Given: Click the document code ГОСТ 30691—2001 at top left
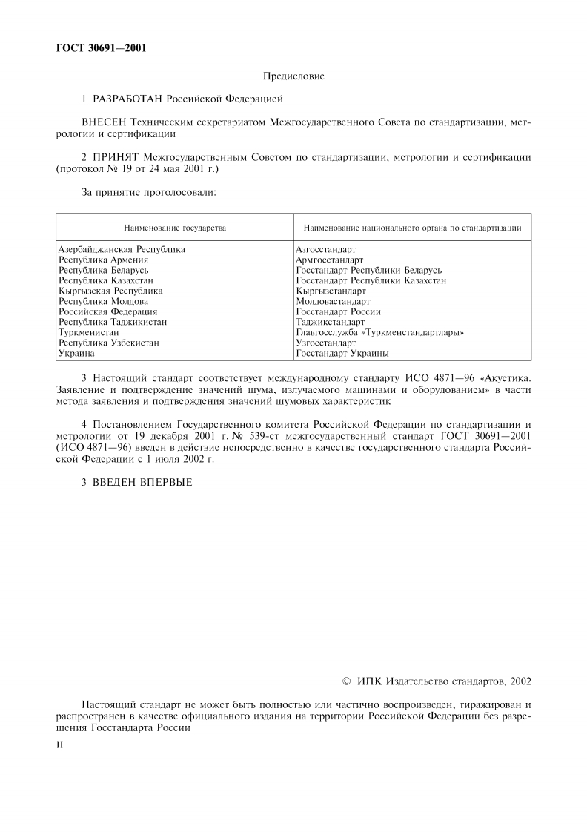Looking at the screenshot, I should [101, 49].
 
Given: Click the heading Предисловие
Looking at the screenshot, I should [293, 76].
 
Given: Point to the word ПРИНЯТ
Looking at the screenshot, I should [116, 158].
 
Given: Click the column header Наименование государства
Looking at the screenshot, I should [175, 227].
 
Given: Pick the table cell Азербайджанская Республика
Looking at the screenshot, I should [122, 250].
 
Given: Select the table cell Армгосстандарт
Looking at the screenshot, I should [329, 260].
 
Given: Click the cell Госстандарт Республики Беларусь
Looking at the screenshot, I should [368, 271].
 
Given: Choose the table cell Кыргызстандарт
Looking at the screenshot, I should [331, 291].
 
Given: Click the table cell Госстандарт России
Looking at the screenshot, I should [338, 312].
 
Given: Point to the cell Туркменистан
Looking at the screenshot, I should [88, 333].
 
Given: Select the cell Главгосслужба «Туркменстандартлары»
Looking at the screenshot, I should [379, 333].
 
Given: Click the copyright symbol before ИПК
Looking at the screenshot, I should [346, 681].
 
